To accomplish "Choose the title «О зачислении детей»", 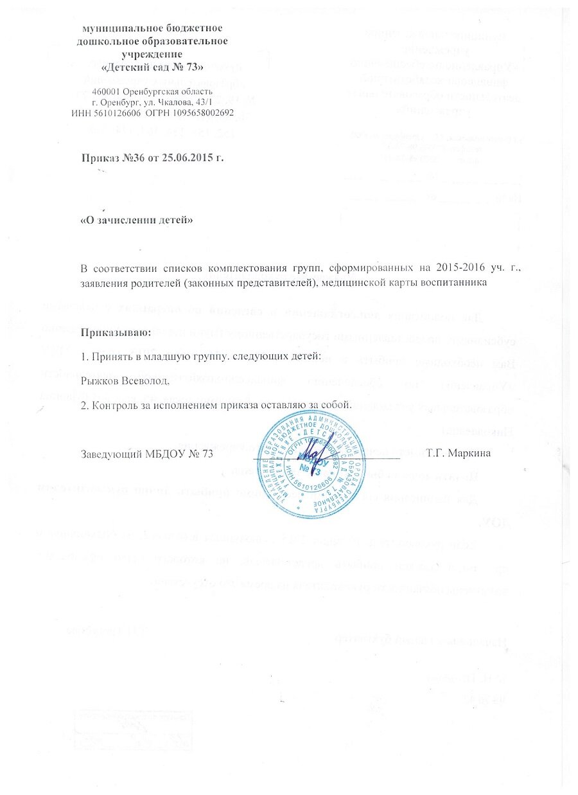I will pos(136,220).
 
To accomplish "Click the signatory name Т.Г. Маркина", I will pos(459,454).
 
